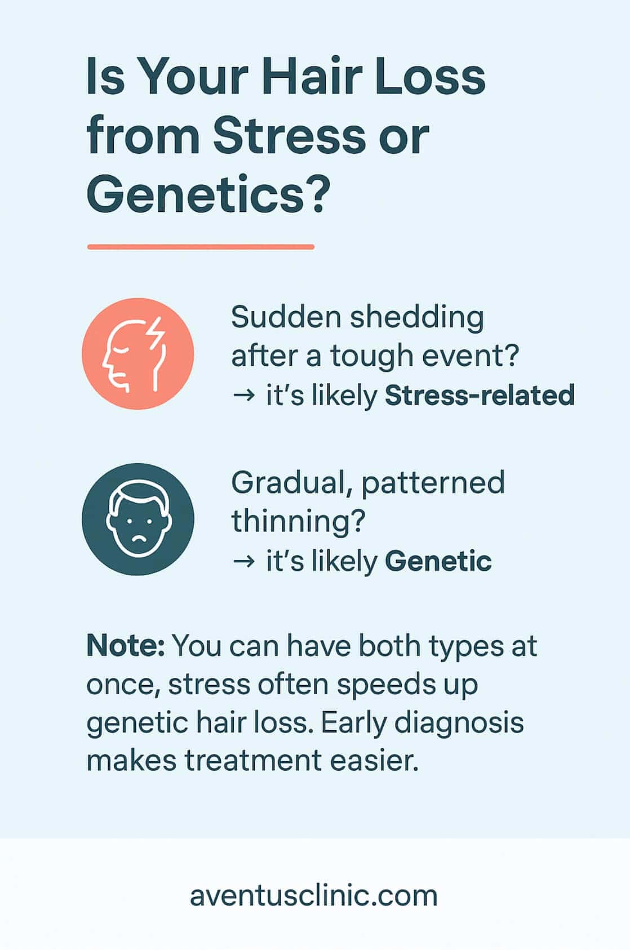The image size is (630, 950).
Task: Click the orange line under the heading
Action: pos(201,247)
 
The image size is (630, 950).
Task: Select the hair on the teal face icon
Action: pos(137,496)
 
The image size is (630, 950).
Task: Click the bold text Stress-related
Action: pos(479,396)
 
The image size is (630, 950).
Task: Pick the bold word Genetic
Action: pos(438,561)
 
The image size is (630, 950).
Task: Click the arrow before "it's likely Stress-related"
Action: pos(243,396)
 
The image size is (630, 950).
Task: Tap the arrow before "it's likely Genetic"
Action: pos(243,562)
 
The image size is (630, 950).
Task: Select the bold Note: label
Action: pos(125,646)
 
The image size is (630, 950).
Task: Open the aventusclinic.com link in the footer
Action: pos(313,895)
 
